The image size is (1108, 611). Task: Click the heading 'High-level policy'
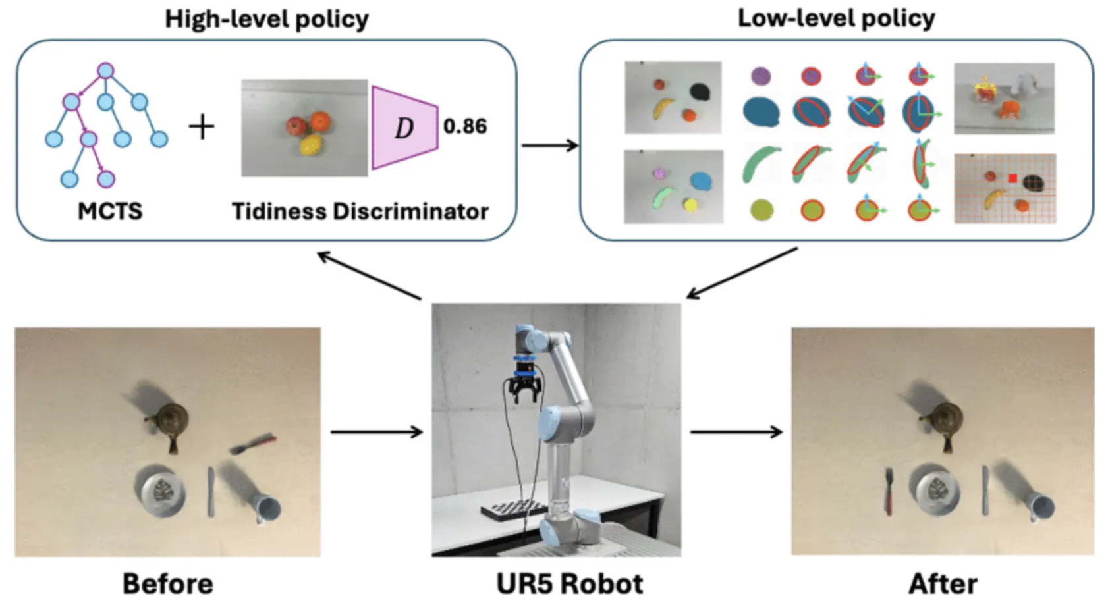267,19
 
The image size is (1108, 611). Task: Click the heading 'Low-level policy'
836,18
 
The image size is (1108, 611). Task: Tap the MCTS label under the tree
110,211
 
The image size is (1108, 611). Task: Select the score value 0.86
465,126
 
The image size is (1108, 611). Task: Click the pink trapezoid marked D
404,128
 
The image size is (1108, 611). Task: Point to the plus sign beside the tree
202,127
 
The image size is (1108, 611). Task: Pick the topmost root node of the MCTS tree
105,70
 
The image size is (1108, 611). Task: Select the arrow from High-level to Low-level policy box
550,146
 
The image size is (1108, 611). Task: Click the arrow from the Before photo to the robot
376,432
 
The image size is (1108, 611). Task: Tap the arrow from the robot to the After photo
736,432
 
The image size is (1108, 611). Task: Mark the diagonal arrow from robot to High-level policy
369,275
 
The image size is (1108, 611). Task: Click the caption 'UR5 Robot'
569,584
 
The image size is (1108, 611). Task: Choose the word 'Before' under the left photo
168,584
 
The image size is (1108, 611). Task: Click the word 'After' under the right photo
943,584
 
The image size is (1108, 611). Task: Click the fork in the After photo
889,492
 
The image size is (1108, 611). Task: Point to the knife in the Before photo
211,492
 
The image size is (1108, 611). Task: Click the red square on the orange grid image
1012,178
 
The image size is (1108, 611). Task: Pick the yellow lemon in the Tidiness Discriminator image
310,146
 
